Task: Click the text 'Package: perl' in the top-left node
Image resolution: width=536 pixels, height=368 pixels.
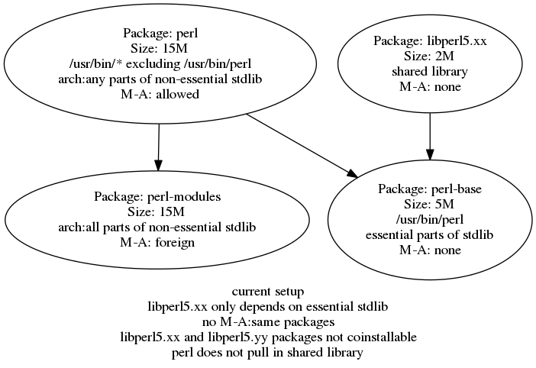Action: (160, 33)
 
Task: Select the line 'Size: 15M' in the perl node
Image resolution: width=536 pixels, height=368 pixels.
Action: (159, 48)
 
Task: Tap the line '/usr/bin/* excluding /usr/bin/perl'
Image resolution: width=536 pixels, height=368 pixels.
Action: (160, 63)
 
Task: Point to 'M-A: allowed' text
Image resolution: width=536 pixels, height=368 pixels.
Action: (160, 94)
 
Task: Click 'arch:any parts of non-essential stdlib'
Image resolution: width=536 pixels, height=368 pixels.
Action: (160, 79)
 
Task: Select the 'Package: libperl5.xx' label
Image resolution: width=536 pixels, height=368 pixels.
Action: (430, 40)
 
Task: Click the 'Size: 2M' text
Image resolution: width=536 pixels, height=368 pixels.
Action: (430, 56)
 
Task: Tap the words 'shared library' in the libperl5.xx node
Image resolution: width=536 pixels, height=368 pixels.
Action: (430, 71)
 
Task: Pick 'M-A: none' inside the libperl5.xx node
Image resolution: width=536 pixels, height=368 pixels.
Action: (430, 86)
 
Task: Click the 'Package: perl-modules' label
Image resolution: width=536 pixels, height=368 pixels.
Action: (157, 196)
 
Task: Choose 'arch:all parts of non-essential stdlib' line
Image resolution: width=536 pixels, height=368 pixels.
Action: (157, 227)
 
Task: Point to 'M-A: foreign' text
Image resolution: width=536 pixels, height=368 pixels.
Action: (157, 242)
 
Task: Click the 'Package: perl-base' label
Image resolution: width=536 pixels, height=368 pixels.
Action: (430, 189)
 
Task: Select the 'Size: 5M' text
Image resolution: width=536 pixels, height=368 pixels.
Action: (429, 204)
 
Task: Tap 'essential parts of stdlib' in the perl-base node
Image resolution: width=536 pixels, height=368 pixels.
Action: (429, 234)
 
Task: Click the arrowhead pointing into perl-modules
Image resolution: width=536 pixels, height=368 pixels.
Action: (157, 165)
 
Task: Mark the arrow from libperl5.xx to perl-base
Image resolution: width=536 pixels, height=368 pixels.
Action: (430, 137)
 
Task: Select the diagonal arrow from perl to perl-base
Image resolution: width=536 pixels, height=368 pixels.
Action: (302, 146)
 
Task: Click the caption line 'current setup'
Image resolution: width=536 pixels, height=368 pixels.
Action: (268, 292)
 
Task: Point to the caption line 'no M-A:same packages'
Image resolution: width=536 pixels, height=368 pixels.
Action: (268, 322)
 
